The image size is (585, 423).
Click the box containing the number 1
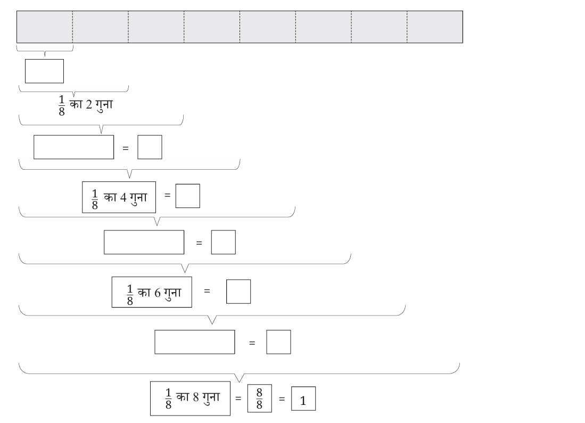point(303,399)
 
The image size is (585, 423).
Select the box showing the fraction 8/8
point(259,399)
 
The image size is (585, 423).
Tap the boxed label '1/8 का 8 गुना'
point(190,399)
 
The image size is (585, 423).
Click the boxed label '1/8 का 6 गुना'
point(152,292)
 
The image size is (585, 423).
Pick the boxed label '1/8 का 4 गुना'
point(119,197)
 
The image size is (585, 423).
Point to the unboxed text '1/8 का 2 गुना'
point(86,105)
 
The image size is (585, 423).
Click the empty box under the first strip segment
point(44,71)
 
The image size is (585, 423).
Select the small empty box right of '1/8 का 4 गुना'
point(188,196)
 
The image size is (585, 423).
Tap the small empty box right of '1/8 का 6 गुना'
point(238,292)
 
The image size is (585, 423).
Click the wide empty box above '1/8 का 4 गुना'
point(74,147)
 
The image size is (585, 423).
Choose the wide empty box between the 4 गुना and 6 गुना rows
point(144,242)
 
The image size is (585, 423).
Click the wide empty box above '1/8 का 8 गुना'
point(195,342)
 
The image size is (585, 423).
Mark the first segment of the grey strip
point(45,27)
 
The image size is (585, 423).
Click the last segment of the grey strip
point(435,27)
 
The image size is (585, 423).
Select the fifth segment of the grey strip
point(268,27)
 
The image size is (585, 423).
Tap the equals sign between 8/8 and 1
point(282,399)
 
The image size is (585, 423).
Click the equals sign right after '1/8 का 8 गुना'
point(238,399)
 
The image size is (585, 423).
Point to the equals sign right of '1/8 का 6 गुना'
point(207,291)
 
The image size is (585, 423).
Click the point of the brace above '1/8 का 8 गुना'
point(240,381)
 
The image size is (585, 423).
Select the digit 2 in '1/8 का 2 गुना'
point(89,105)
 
